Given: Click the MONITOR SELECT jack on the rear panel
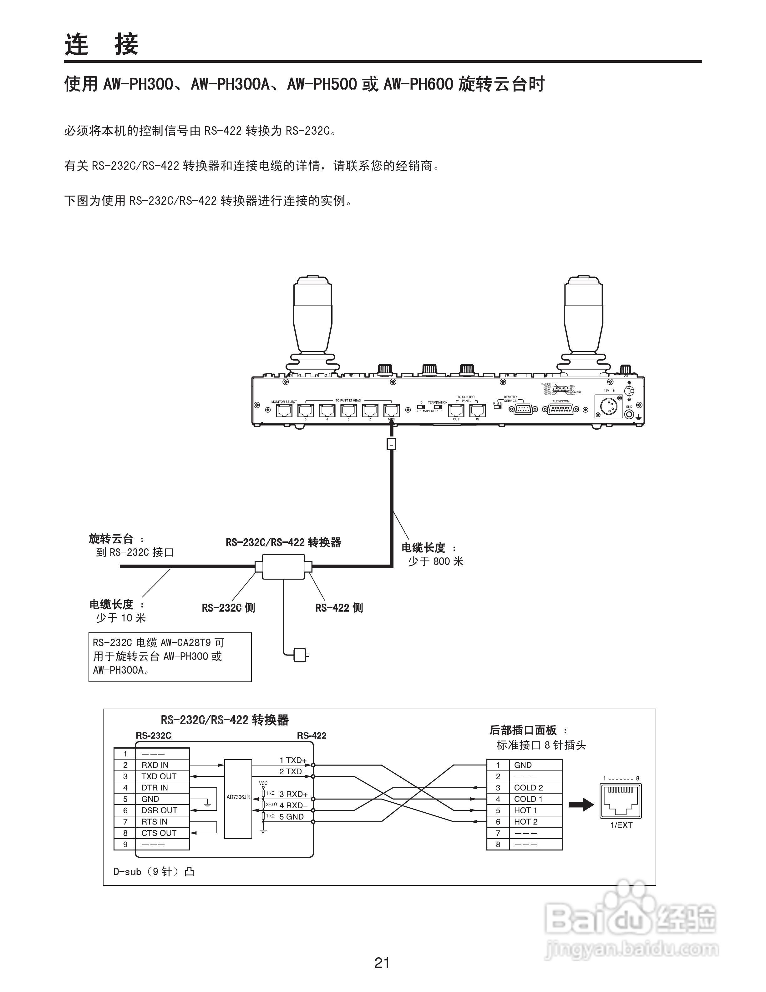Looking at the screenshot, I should coord(284,410).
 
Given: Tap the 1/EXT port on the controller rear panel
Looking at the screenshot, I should coord(391,410).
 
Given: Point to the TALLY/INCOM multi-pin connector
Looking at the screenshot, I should coord(560,409).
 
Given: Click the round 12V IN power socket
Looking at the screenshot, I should coord(609,406).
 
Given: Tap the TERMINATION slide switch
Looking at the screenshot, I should coord(437,406).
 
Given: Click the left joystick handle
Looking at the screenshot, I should coord(312,318).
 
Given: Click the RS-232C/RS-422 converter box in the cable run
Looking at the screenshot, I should coord(283,566).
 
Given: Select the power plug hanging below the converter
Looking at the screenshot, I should coord(300,655).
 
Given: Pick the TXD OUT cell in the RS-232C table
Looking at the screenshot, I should coord(159,776).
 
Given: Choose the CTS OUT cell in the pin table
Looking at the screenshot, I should coord(159,833).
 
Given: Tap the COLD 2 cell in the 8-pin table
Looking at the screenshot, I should coord(528,788).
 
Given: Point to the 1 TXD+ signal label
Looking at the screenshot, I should coord(293,760).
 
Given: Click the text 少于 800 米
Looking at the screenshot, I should coord(435,561).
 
